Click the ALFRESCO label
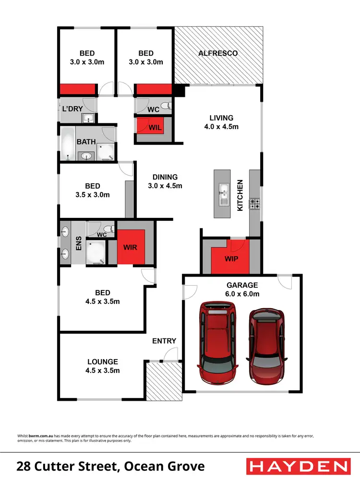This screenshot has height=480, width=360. point(218,53)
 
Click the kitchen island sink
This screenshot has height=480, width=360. point(224,193)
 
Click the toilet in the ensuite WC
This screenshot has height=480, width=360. point(108,228)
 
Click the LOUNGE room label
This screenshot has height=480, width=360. point(102,366)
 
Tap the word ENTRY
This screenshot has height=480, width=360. point(164,341)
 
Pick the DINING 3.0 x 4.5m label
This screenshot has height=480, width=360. point(165,181)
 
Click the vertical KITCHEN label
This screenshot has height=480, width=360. point(240,195)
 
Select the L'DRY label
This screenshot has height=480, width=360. point(70,108)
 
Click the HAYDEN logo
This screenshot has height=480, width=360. point(298,466)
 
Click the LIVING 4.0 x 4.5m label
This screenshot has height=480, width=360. point(221,122)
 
